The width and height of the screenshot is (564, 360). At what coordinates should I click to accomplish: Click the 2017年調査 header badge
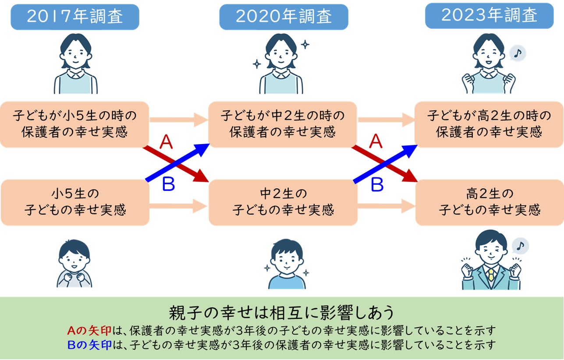click(x=74, y=17)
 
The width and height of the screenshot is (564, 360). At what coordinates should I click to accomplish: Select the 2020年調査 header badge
click(x=284, y=17)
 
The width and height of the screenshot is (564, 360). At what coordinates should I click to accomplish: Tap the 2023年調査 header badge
click(x=489, y=16)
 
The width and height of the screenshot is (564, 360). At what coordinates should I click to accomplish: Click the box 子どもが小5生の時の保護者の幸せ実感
click(x=74, y=124)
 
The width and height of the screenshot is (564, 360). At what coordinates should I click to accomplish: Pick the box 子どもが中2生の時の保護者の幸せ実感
click(x=283, y=124)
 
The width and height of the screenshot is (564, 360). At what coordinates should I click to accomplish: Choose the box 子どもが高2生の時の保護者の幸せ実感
click(x=489, y=124)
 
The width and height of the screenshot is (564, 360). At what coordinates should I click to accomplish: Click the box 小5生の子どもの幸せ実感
click(x=75, y=202)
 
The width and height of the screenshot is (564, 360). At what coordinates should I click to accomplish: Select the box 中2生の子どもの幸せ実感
click(x=283, y=202)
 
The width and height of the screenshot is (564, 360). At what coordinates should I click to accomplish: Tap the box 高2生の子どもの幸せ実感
click(x=489, y=202)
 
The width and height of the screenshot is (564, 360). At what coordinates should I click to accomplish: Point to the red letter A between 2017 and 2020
click(x=166, y=142)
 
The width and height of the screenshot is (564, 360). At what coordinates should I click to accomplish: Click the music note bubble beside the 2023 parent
click(x=518, y=53)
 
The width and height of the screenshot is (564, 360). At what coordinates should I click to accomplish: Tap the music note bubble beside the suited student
click(x=520, y=246)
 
